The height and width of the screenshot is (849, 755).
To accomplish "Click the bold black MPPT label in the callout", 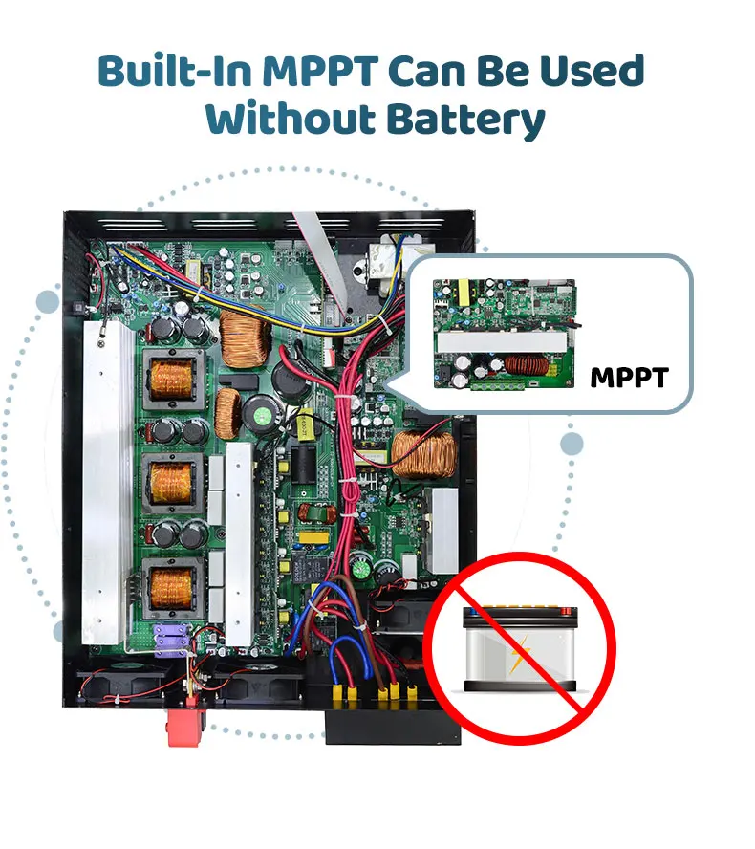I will [x=628, y=377].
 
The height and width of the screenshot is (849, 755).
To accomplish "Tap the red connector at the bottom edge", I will [x=186, y=726].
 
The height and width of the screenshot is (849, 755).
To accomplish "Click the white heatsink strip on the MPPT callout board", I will [x=497, y=341].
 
